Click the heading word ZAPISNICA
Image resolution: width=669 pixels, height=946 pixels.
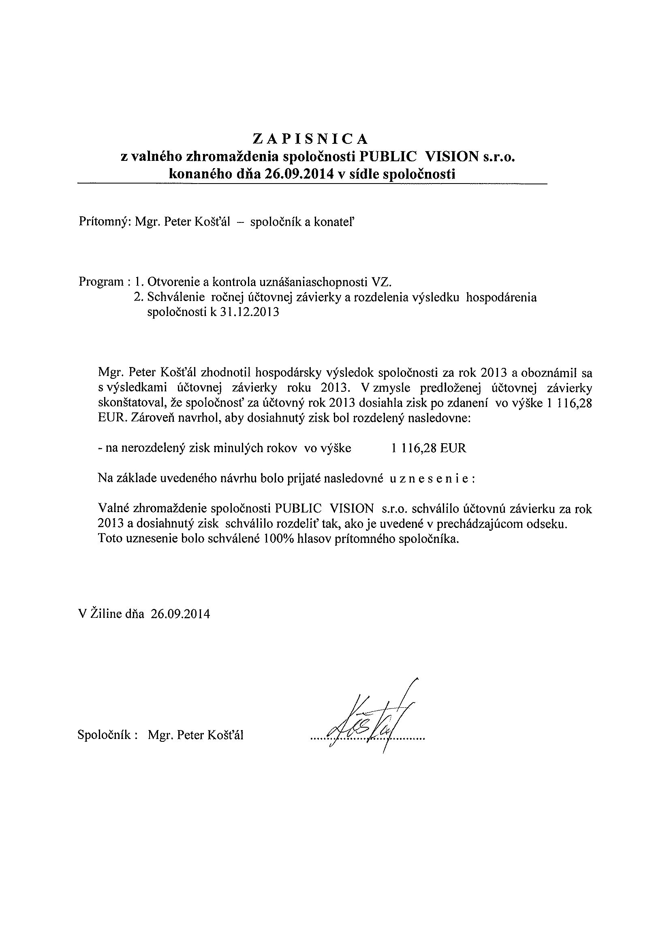(x=310, y=139)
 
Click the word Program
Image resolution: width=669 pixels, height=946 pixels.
(x=101, y=282)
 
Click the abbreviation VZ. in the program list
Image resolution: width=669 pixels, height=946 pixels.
(x=381, y=282)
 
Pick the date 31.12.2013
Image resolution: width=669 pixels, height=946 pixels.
(x=249, y=312)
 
